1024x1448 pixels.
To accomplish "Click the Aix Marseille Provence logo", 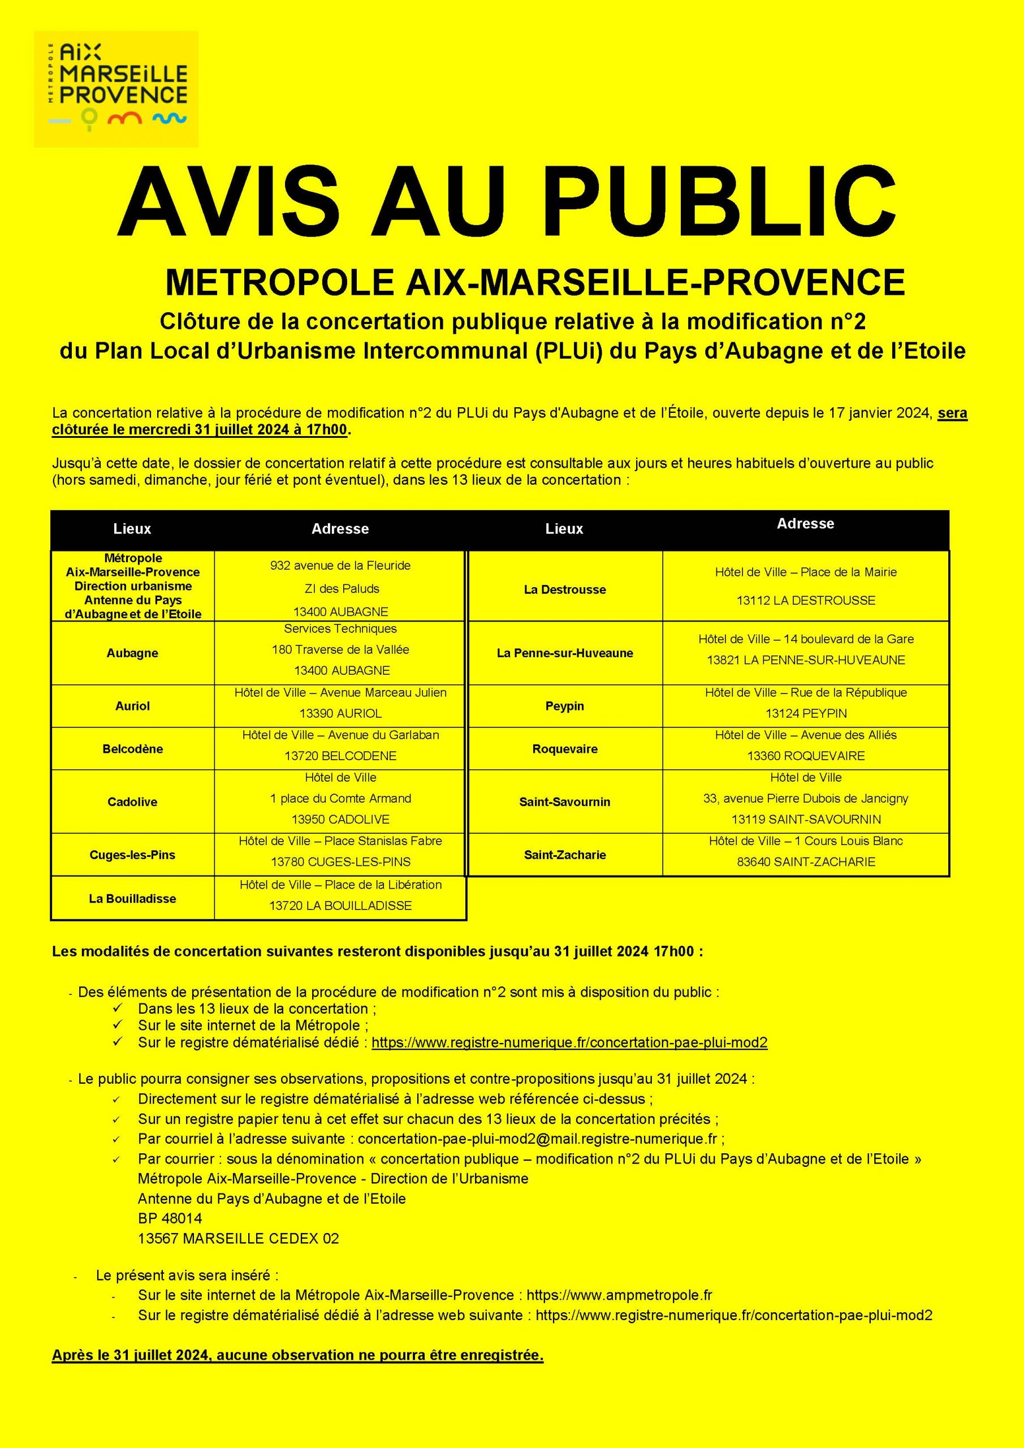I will (x=116, y=89).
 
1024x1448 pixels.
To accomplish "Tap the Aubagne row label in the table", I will (x=132, y=653).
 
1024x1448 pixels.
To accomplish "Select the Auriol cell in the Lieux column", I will (x=132, y=706).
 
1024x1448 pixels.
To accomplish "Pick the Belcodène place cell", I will (x=132, y=749).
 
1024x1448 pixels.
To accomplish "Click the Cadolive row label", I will (x=132, y=802).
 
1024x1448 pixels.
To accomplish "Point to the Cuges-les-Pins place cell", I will (x=132, y=855).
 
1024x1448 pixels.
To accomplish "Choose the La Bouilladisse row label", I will (x=132, y=899).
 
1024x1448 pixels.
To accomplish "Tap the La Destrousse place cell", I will (x=564, y=590).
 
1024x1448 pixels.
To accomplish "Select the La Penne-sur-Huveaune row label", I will (x=564, y=653).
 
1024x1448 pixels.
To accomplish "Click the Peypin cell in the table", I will (x=564, y=706).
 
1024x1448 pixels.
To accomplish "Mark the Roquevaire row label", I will (x=564, y=749).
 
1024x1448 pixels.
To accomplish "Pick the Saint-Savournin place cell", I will (x=564, y=802).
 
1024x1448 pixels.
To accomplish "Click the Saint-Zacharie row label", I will (x=564, y=855).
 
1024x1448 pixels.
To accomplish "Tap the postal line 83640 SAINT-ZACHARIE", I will (x=806, y=862).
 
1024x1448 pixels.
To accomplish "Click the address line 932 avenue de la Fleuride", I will (x=340, y=566).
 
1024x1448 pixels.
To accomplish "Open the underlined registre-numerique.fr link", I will (x=569, y=1042).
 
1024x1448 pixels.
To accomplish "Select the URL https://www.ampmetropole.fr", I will (x=619, y=1295).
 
